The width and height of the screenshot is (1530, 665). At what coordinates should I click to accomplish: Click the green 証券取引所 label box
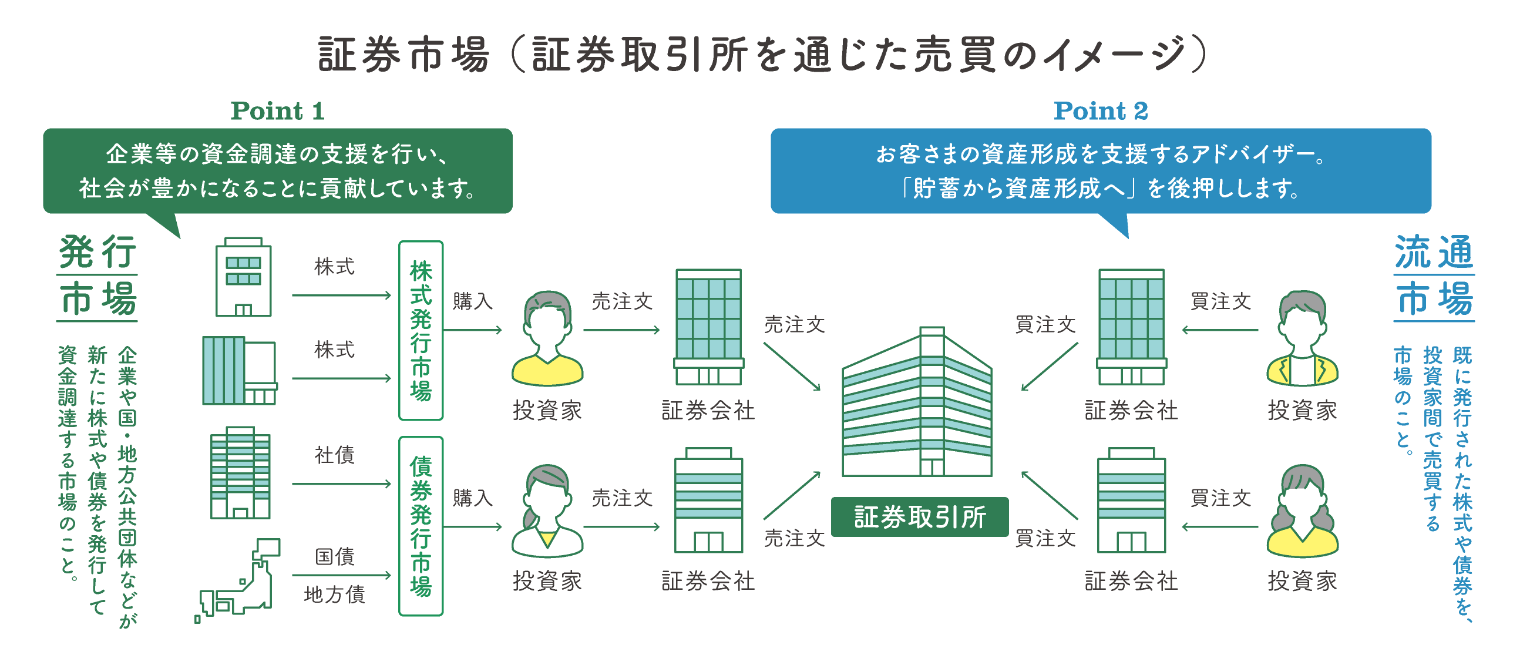point(919,517)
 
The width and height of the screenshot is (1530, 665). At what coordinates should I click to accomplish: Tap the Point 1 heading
point(277,111)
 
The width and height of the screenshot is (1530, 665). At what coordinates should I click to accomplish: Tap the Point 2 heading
point(1101,111)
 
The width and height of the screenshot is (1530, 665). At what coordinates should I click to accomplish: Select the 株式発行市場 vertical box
point(421,330)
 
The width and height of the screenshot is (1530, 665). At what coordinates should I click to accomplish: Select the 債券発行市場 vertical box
point(421,526)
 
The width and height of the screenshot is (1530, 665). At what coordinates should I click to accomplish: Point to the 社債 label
point(334,455)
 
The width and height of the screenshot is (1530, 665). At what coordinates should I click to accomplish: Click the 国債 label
point(334,557)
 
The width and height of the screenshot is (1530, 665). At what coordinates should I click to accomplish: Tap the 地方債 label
point(334,595)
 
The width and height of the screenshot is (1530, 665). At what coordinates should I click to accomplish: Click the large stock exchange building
point(917,404)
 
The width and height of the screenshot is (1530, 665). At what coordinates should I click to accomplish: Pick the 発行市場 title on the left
point(97,276)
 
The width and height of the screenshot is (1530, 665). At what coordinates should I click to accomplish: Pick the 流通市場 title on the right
point(1434,276)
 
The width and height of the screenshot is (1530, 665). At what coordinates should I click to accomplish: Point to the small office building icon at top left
point(243,277)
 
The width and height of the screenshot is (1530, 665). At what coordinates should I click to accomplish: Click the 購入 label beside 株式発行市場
point(473,301)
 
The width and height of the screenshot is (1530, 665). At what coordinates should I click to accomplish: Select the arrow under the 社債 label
point(341,483)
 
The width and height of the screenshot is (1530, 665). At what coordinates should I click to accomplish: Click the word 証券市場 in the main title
point(404,55)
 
